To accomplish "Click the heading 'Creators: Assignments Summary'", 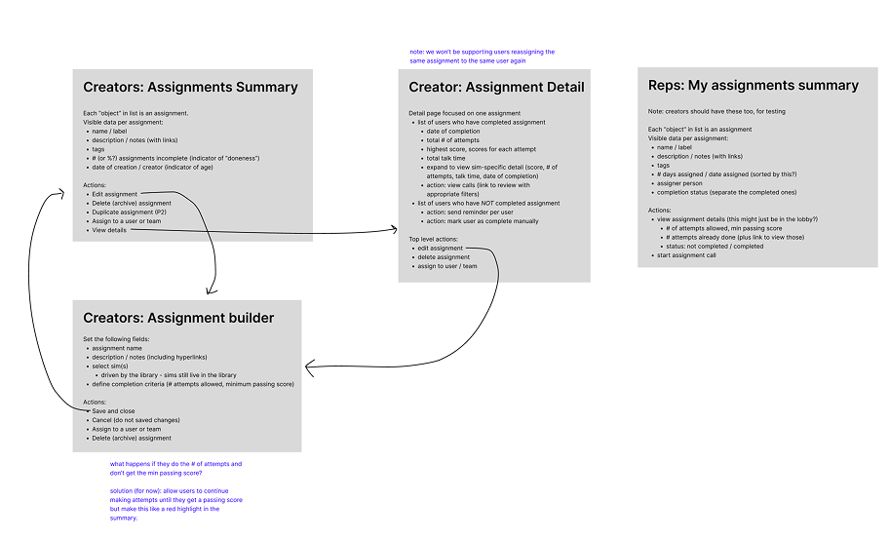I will (x=190, y=87).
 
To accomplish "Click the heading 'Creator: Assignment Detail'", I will (x=496, y=87).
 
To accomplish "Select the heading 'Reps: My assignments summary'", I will (x=753, y=86).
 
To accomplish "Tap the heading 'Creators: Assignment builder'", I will (x=178, y=318).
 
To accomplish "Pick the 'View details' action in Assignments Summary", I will (x=109, y=230).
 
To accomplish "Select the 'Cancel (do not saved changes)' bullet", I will (x=135, y=420).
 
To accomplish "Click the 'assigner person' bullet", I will (x=678, y=183).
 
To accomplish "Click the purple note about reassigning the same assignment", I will (x=482, y=56).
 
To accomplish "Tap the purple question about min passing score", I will (x=175, y=468).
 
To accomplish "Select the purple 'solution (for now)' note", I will (x=175, y=504).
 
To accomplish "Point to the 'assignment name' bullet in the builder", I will (x=117, y=347).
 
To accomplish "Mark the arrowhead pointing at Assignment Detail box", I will (x=394, y=232).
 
